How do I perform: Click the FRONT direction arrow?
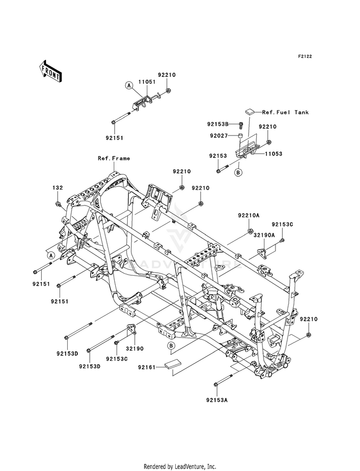point(50,71)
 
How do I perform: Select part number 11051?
point(147,82)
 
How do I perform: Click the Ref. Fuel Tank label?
point(285,112)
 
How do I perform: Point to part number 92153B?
point(218,124)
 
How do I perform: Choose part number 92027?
point(218,136)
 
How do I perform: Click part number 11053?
point(274,154)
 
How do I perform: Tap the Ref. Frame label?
point(114,158)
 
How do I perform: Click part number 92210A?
point(249,216)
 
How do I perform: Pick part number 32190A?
point(264,235)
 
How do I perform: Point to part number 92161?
point(147,367)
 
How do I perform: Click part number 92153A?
point(217,400)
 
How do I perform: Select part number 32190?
point(134,349)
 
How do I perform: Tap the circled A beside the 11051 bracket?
point(129,85)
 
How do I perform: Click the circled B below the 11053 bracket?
point(238,172)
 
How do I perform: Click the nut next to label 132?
point(57,205)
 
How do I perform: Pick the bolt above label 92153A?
point(224,380)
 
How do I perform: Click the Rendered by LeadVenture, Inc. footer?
point(180,467)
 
